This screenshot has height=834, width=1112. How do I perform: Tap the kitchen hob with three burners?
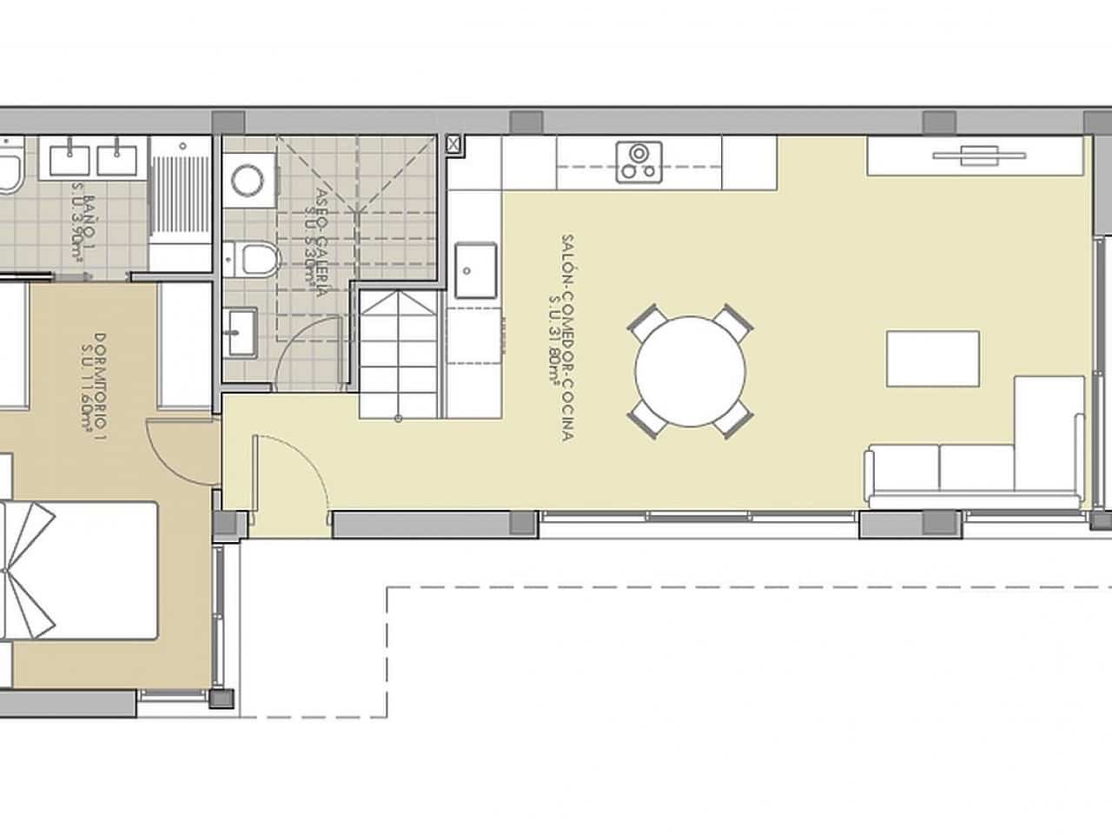[639, 162]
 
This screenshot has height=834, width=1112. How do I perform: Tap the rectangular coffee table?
[933, 358]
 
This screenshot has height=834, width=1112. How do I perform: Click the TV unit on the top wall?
[977, 156]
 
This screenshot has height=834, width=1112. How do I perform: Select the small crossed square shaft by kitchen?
[454, 143]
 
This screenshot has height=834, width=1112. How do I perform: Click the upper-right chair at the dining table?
[734, 323]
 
